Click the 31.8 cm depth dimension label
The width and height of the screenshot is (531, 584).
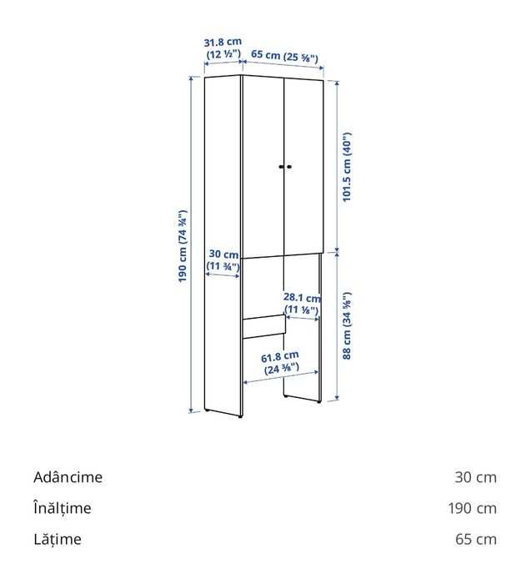click(223, 48)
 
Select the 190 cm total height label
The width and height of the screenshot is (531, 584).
click(182, 245)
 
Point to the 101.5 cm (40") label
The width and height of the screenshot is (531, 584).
click(348, 167)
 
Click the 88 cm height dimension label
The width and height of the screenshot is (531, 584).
click(348, 325)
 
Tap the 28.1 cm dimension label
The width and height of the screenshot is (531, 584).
click(302, 304)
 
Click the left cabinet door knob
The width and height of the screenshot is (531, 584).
click(280, 168)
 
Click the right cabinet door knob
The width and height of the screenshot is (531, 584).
click(288, 168)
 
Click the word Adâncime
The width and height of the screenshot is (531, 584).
click(68, 477)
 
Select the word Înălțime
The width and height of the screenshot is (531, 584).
click(63, 508)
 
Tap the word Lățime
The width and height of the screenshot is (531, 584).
click(58, 539)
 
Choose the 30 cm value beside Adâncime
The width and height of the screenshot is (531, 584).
click(475, 477)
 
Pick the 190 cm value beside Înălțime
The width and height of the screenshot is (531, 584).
click(472, 508)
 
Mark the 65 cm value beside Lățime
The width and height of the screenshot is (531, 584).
click(475, 539)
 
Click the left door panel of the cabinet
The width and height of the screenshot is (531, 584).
click(262, 167)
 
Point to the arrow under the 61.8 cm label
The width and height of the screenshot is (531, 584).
click(282, 381)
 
